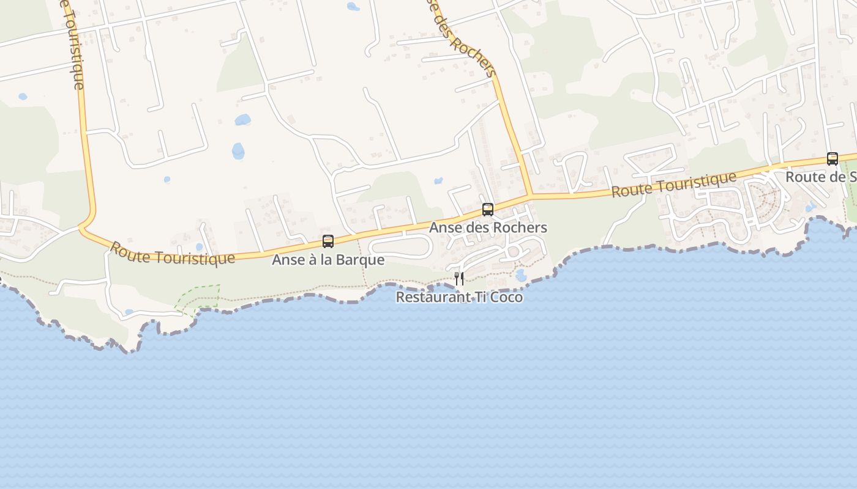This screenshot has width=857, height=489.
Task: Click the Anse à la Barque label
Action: pos(328,260)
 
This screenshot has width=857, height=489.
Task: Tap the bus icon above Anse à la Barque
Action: pos(328,241)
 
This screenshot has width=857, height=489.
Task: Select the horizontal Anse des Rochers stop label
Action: pos(488,227)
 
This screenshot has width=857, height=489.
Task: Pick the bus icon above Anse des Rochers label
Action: pos(488,210)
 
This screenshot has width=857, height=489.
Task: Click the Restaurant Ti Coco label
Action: pos(459,297)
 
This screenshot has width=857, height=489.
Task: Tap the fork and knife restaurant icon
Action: pos(459,279)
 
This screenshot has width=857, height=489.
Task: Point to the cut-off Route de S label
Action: pos(820,177)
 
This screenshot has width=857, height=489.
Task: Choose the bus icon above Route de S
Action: pos(833,159)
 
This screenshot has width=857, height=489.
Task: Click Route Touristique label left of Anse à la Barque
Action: pos(172,253)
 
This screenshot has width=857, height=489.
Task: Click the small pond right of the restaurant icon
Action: pos(521,276)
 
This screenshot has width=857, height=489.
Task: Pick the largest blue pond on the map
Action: pos(238,150)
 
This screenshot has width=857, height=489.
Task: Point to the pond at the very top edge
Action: pos(353,7)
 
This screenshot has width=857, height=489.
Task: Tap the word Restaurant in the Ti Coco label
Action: pos(425,297)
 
